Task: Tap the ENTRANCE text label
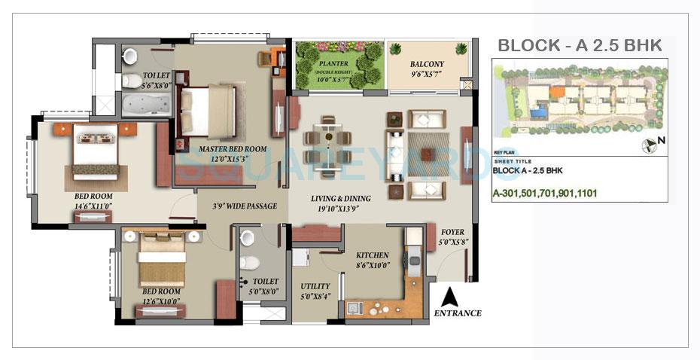tap(457, 313)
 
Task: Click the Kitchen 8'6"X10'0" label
tap(372, 260)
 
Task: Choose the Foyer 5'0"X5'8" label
tap(452, 237)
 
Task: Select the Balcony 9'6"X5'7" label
tap(427, 69)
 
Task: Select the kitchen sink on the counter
tap(355, 307)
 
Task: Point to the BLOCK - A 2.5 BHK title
tap(580, 46)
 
